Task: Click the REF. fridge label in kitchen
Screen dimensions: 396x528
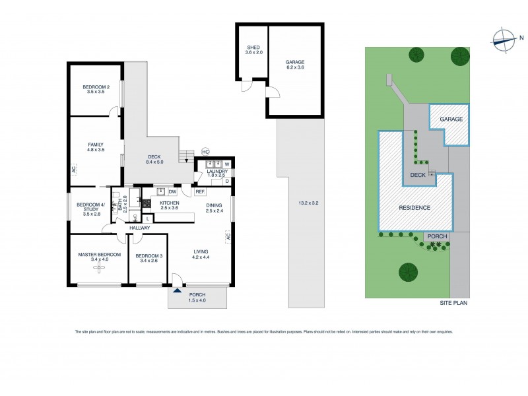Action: [x=200, y=191]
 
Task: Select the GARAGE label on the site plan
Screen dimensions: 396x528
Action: [x=451, y=119]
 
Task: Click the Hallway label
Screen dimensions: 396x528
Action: [x=139, y=228]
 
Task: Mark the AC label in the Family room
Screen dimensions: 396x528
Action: [x=74, y=169]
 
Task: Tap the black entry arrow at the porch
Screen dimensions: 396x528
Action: [x=176, y=289]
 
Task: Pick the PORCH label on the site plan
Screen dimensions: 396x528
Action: [x=437, y=236]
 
